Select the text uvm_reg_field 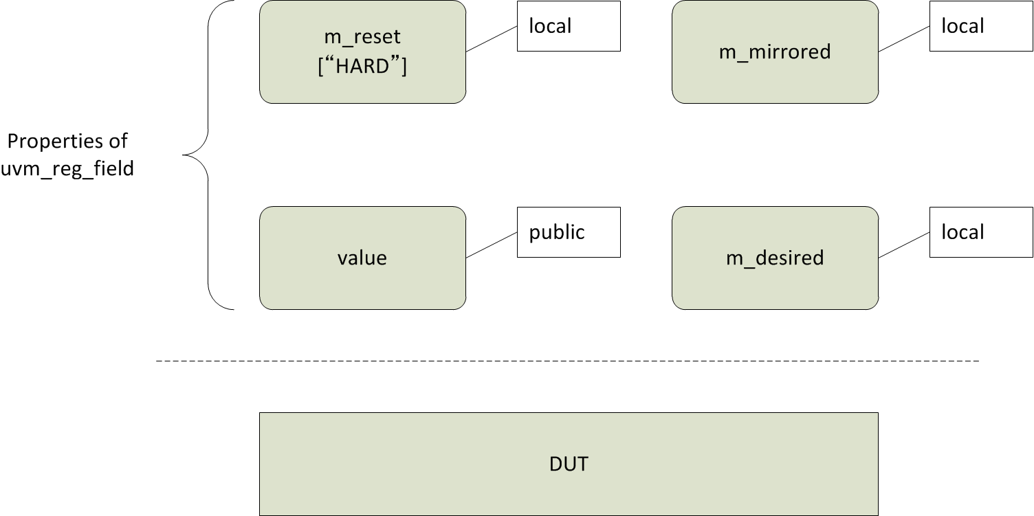coord(67,168)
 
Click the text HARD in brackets coord(362,67)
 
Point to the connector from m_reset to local coord(492,39)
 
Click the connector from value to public coord(492,245)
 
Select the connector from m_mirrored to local coord(904,39)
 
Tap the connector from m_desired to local coord(904,245)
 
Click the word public coord(557,232)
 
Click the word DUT coord(569,464)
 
